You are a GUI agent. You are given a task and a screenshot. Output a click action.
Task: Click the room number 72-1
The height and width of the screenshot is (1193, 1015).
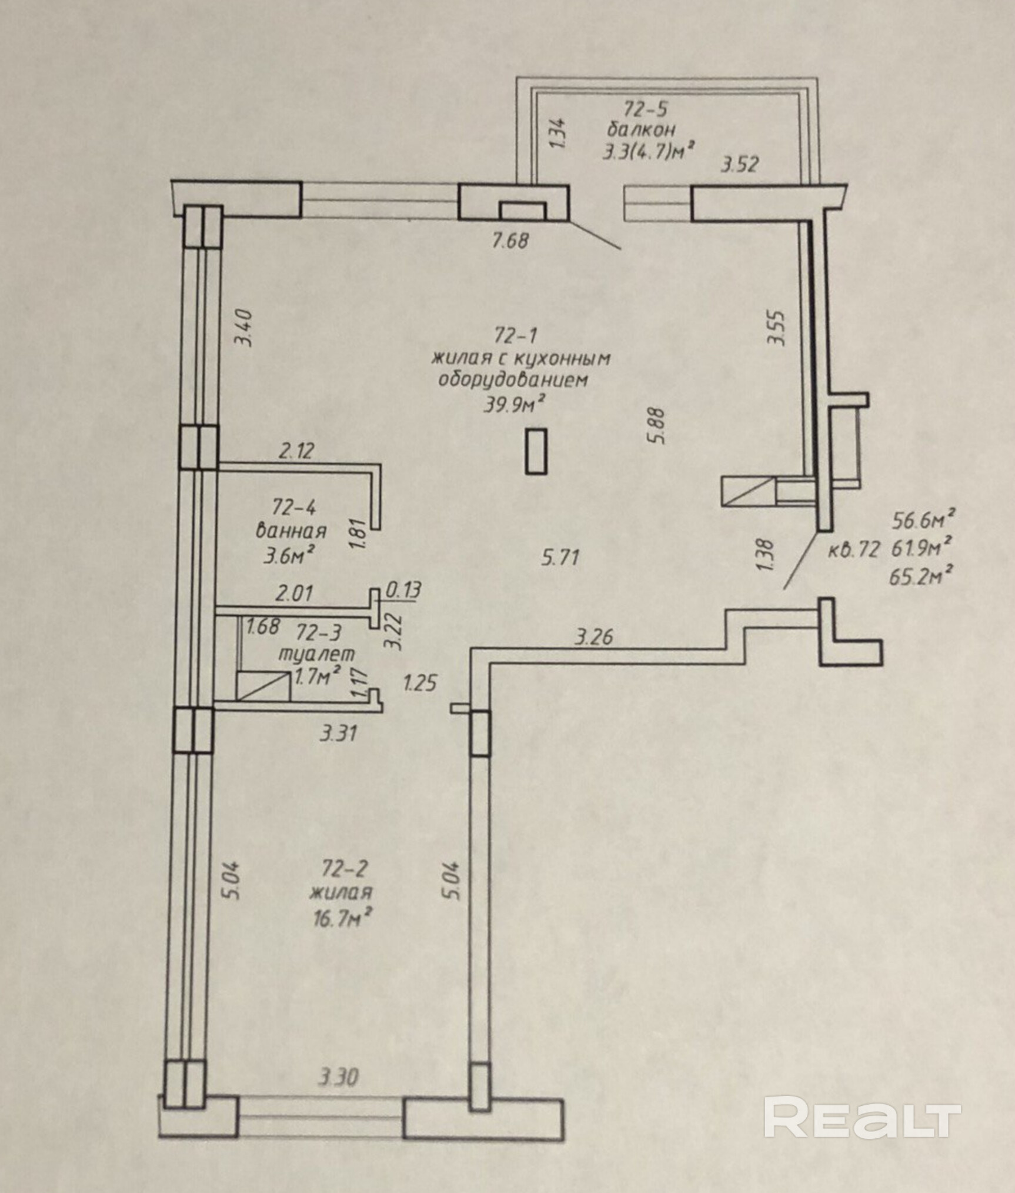[x=516, y=335]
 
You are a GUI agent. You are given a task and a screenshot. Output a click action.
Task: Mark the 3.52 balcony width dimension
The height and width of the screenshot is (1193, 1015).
[x=740, y=165]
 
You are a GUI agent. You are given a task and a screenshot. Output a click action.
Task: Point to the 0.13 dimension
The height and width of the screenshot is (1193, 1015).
[x=403, y=589]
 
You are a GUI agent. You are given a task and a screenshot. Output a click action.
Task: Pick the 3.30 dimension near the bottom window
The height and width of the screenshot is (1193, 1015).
[x=338, y=1078]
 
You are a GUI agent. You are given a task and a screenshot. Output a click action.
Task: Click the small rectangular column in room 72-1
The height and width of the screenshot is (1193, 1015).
[x=536, y=451]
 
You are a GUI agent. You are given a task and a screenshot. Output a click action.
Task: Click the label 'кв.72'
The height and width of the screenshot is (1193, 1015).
[x=854, y=551]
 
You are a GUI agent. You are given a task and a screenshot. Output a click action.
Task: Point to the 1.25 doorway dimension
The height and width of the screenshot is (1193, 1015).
[x=419, y=683]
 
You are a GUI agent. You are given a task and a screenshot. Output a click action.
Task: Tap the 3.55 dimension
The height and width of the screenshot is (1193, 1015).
[x=777, y=328]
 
